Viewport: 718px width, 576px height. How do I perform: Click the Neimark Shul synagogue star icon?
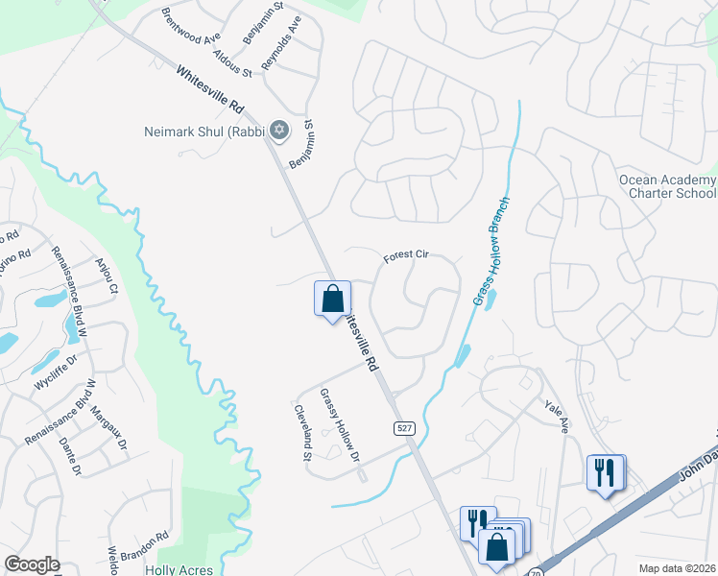[x=279, y=130]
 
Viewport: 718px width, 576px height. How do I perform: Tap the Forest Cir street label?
[x=405, y=256]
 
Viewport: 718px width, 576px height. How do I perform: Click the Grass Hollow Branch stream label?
[x=491, y=252]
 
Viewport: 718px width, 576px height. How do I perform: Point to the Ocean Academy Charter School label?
[x=667, y=186]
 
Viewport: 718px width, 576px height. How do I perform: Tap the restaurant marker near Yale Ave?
[x=605, y=472]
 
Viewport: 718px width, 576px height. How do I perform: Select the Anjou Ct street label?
[x=106, y=276]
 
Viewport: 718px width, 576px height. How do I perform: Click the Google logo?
[x=32, y=564]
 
